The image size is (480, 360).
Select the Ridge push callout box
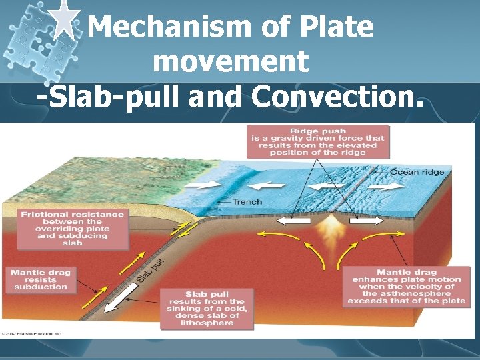(318, 141)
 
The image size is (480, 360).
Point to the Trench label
(247, 201)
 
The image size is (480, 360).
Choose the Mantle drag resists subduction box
(41, 279)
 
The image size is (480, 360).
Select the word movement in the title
(231, 62)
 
